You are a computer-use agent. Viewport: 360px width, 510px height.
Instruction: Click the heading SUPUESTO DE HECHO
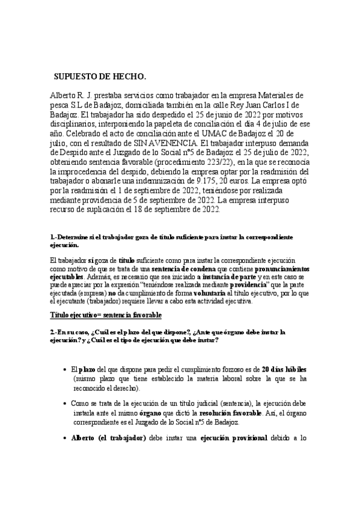100,77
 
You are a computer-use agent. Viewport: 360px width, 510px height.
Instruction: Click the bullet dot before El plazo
64,369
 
